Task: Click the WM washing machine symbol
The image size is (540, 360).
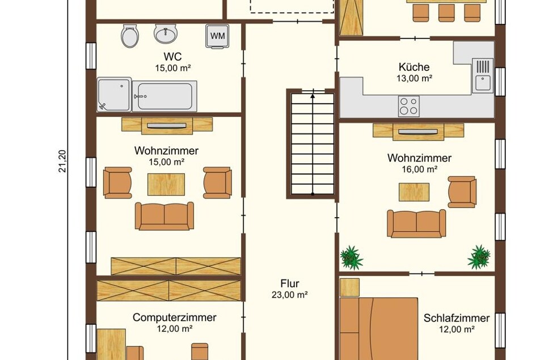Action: click(217, 36)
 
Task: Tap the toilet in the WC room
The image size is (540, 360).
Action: click(130, 36)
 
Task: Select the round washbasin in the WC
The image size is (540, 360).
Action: click(166, 33)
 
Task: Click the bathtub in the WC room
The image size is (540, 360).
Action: click(164, 96)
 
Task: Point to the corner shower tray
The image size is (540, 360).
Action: click(114, 94)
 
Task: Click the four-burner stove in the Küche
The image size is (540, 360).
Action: click(409, 107)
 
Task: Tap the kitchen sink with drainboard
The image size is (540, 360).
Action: click(483, 75)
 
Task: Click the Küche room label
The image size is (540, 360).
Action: click(414, 67)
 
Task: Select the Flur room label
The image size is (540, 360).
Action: click(290, 283)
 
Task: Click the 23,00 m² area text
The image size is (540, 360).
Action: click(290, 295)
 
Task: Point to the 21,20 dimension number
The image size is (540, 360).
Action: click(62, 161)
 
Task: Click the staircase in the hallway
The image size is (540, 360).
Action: click(313, 144)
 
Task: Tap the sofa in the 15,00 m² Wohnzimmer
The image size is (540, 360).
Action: click(164, 216)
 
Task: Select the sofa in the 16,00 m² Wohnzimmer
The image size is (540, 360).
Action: click(416, 223)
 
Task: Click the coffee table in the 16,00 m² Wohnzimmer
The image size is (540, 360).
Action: click(414, 192)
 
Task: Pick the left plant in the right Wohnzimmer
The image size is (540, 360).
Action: click(351, 257)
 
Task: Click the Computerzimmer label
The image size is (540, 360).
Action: click(175, 317)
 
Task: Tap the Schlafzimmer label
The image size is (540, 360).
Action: click(457, 318)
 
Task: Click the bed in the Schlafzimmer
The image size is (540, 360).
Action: click(379, 329)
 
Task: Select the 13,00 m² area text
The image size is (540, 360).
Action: click(414, 78)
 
